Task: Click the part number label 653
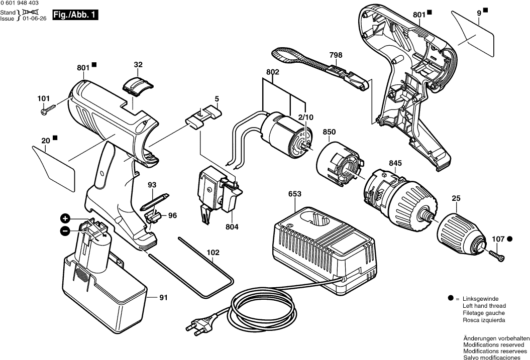295,194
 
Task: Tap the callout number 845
395,163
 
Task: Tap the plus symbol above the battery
65,218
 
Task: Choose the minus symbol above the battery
65,231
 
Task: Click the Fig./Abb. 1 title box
75,16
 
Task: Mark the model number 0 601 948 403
20,4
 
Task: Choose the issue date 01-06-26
34,18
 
